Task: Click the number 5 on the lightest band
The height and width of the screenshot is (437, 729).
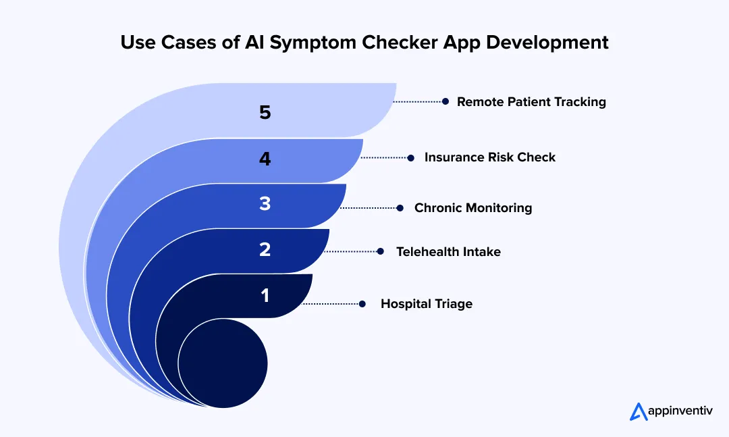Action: coord(265,112)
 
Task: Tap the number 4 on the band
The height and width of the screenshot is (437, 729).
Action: coord(265,159)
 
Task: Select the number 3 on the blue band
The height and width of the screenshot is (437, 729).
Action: coord(265,204)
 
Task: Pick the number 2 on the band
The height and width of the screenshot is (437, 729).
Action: coord(265,250)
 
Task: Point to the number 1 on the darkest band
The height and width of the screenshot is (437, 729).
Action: coord(265,295)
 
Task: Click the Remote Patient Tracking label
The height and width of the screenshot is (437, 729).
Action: coord(531,102)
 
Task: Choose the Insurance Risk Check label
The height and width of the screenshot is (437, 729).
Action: coord(489,157)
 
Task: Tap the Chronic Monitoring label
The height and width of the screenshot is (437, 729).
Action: coord(473,208)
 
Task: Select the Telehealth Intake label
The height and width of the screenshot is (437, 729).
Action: coord(448,252)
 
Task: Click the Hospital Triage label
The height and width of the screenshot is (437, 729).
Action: coord(426,304)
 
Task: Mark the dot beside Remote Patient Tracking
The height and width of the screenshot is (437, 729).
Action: coord(446,101)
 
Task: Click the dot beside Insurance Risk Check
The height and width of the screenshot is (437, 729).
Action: coord(410,157)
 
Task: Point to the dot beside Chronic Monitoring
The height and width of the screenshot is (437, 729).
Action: coord(400,208)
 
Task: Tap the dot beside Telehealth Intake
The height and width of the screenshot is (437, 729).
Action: coord(381,251)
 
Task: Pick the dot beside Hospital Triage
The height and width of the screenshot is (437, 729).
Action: coord(362,304)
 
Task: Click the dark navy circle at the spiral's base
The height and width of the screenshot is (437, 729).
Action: coord(223,363)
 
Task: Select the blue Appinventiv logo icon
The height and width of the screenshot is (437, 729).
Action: coord(638,411)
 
